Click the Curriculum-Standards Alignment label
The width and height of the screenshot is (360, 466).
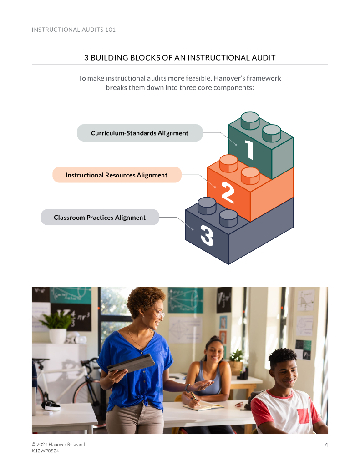click(139, 133)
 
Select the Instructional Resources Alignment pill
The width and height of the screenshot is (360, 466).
click(117, 175)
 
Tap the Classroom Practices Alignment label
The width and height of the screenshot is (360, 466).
click(100, 218)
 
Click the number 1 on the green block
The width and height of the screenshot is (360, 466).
click(249, 150)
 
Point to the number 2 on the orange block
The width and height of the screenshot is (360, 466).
click(228, 192)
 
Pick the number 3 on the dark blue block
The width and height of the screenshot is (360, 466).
click(207, 236)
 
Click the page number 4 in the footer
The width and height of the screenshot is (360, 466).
click(326, 445)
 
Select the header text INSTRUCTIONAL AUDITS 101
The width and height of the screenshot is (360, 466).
click(74, 30)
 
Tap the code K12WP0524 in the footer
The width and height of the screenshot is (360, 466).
click(45, 451)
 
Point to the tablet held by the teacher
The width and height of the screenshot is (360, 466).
click(132, 364)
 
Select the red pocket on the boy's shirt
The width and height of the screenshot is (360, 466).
click(304, 415)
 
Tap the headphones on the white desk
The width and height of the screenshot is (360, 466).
click(51, 405)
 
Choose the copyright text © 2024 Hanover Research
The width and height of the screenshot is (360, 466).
click(59, 444)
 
